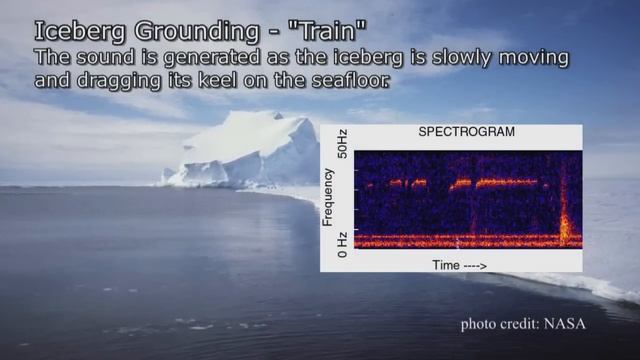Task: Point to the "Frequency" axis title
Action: pos(327,196)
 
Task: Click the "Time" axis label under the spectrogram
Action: pos(446,265)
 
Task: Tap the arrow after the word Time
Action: pos(475,265)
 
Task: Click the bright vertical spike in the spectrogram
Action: pos(566,225)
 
